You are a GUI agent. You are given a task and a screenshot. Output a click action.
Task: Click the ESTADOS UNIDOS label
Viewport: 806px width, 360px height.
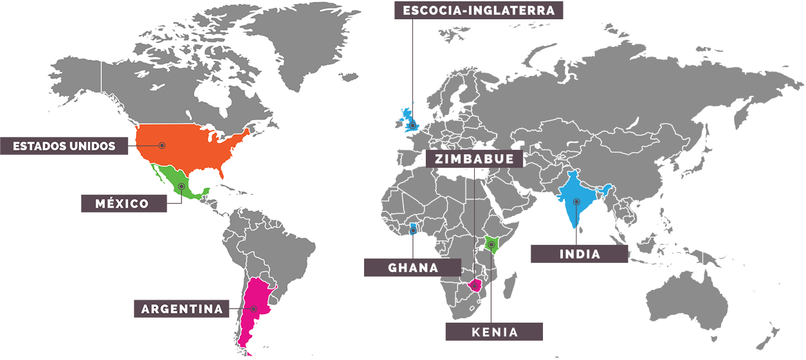(x=64, y=146)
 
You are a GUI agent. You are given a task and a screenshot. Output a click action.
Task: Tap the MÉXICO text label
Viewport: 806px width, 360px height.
(x=122, y=204)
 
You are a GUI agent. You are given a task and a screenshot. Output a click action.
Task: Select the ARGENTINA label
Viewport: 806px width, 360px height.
(x=182, y=309)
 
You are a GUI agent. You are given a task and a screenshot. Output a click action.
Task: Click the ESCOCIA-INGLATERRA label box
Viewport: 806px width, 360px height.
(x=479, y=10)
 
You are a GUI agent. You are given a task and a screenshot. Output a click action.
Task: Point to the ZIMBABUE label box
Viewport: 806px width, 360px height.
(x=474, y=159)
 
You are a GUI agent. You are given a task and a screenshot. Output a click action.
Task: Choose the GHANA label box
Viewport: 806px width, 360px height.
(x=412, y=267)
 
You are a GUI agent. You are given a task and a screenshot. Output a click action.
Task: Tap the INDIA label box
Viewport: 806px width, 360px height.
(x=579, y=254)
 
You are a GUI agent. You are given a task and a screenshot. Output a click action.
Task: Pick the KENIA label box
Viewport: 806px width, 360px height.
(x=494, y=332)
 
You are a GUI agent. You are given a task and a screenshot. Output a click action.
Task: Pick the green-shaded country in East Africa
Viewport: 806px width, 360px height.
(x=492, y=244)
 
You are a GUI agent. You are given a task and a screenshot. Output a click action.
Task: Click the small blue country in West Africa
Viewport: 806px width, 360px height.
(x=412, y=229)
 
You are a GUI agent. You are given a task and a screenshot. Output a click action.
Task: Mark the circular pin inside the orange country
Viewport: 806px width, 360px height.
(x=162, y=145)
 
